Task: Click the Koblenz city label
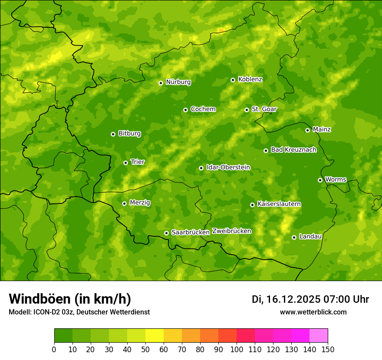click(x=250, y=79)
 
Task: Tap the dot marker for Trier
click(x=125, y=163)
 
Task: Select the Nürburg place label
click(x=178, y=82)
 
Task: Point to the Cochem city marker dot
click(x=185, y=110)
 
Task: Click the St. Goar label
click(x=264, y=109)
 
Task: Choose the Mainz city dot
click(x=307, y=130)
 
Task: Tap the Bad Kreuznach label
click(x=293, y=150)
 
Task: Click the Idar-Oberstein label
click(x=228, y=167)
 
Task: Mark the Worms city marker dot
click(x=320, y=180)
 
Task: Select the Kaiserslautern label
click(x=279, y=204)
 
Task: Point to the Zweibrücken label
click(x=231, y=231)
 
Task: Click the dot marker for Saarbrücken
click(x=166, y=233)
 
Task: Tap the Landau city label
click(x=310, y=236)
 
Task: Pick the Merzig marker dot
click(x=124, y=203)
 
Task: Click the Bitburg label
click(x=129, y=134)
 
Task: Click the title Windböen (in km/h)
click(x=70, y=299)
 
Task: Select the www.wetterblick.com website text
click(x=313, y=312)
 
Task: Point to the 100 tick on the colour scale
click(x=237, y=349)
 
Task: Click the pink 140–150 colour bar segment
click(x=319, y=336)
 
